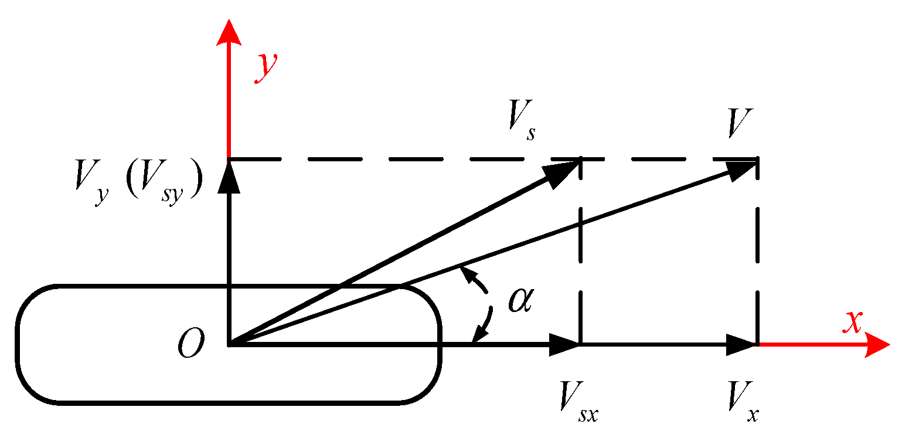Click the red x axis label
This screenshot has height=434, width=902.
coord(853,322)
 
